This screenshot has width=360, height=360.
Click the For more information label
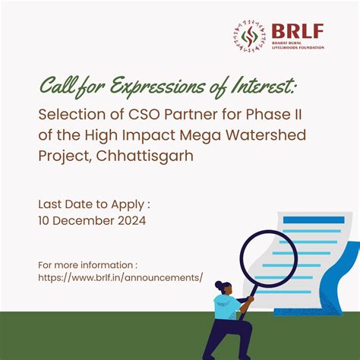87,266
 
